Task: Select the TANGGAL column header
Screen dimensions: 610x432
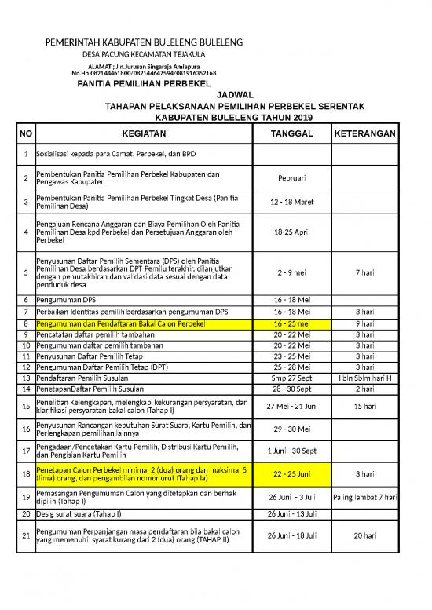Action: coord(291,134)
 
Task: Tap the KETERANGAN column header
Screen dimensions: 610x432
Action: coord(364,134)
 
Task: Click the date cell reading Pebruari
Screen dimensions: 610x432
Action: coord(291,178)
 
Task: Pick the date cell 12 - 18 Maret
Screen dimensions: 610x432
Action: coord(291,202)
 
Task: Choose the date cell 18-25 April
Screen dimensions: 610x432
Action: coord(291,232)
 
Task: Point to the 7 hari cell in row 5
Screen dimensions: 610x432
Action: coord(364,272)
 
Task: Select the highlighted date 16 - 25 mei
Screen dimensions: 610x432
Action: coord(291,323)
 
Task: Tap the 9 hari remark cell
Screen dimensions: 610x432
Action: coord(364,323)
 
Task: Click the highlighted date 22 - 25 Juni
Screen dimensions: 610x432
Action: coord(291,474)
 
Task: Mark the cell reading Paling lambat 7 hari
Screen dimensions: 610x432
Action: coord(364,498)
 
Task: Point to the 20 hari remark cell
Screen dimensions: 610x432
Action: coord(364,535)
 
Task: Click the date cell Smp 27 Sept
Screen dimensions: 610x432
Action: coord(291,378)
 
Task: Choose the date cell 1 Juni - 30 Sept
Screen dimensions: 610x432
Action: coord(291,451)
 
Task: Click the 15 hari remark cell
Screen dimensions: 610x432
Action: coord(364,406)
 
